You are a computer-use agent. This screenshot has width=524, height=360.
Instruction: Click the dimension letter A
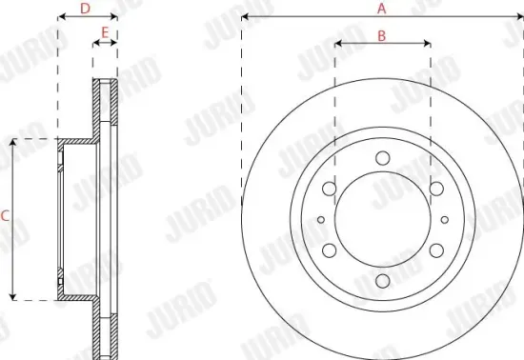point(381,9)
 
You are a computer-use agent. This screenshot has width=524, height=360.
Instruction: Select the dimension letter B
point(381,35)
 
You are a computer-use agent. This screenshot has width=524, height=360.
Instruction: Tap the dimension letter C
point(5,217)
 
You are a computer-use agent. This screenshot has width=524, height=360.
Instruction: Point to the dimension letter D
point(85,9)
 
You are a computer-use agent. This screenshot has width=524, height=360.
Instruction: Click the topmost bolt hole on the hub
point(382,158)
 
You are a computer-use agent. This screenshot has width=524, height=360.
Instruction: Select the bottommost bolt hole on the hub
point(382,282)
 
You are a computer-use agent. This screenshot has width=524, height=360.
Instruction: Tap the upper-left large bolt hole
point(329,189)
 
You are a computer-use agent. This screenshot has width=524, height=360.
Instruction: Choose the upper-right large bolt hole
point(435,189)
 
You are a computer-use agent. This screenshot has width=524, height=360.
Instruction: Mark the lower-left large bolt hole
point(329,250)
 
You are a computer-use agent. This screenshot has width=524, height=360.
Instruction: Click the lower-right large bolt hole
point(435,250)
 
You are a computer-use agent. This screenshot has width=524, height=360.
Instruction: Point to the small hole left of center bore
point(320,220)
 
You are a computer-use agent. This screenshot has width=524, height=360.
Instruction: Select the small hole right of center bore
point(444,220)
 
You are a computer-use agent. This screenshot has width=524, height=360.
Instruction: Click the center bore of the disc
point(382,220)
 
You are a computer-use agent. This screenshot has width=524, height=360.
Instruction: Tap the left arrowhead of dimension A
point(245,17)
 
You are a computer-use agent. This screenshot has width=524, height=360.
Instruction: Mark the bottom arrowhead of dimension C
point(12,296)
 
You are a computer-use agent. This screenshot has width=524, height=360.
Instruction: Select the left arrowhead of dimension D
point(61,17)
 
